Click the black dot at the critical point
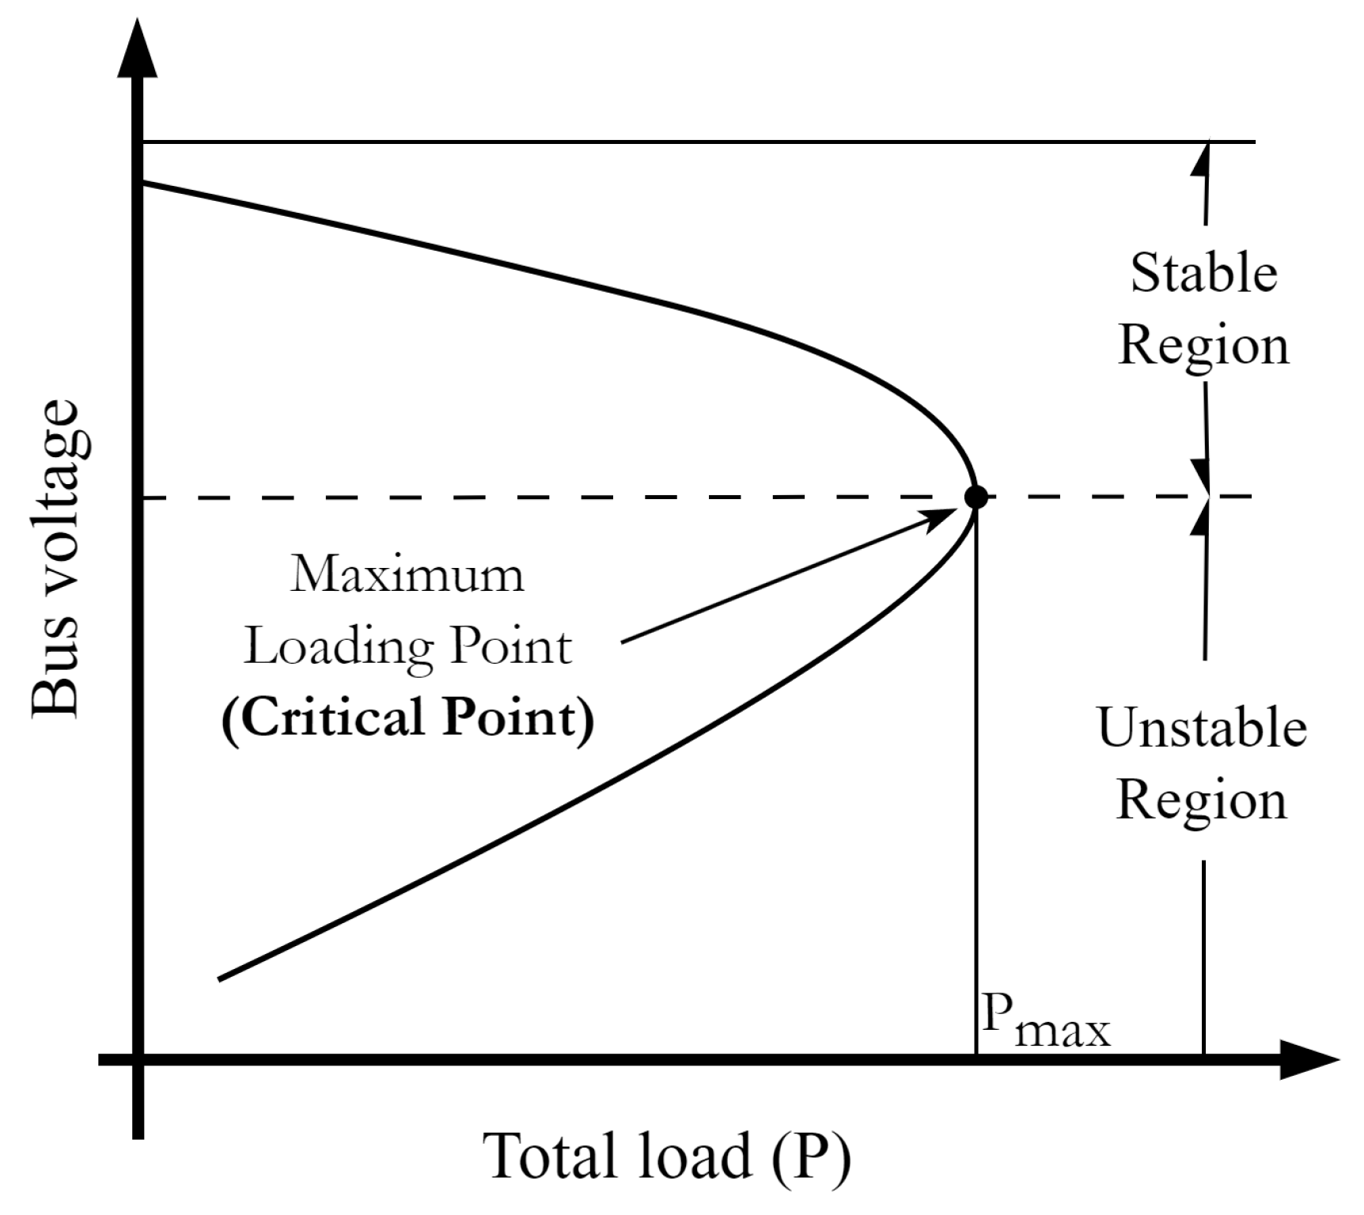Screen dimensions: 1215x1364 (976, 497)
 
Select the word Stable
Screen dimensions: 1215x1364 (1203, 273)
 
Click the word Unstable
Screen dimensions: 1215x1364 (1202, 728)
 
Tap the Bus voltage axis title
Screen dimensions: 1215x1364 (57, 558)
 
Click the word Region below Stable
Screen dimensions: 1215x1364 (1203, 346)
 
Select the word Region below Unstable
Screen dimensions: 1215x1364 (1202, 801)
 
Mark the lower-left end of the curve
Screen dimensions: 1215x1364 (219, 979)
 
